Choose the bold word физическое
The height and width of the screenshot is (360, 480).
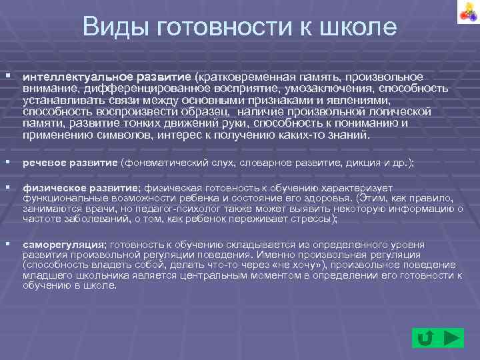tap(53, 189)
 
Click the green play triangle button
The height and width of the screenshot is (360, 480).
tap(451, 337)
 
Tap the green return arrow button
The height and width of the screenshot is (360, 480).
tap(424, 338)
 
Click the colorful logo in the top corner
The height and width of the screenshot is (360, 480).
tap(464, 13)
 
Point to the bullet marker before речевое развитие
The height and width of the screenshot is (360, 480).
tap(8, 162)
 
